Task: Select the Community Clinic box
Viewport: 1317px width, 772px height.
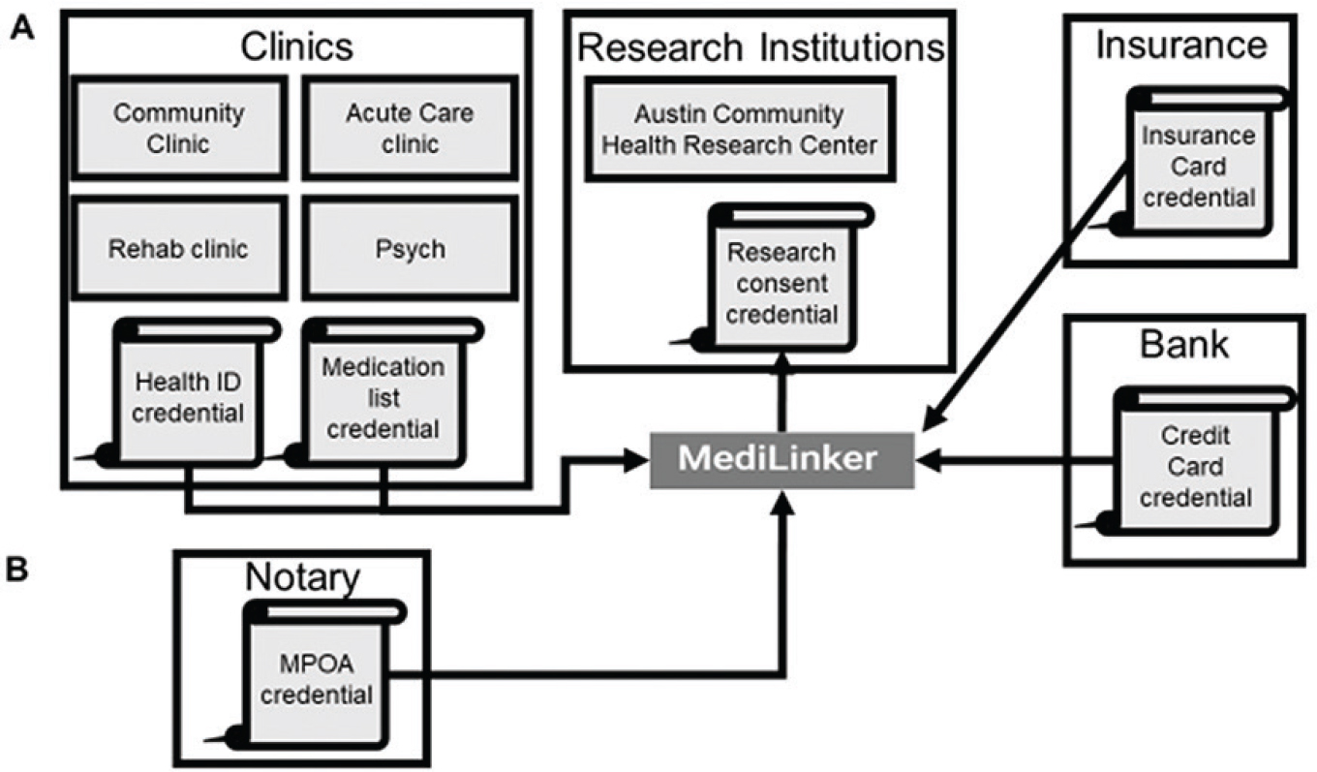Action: click(x=179, y=128)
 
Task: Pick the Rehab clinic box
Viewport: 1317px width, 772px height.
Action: click(x=179, y=248)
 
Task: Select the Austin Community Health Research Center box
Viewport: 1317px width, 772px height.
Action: click(x=739, y=129)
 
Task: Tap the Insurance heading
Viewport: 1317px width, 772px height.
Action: click(x=1180, y=44)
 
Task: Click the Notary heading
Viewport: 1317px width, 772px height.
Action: click(x=300, y=579)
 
